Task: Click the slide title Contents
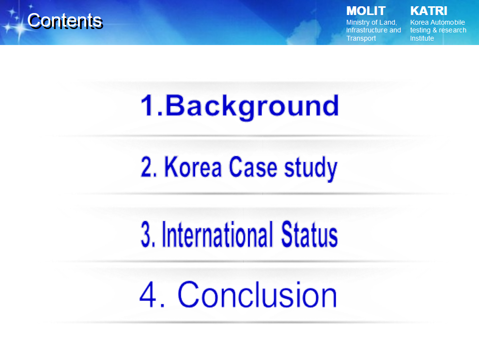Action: coord(65,21)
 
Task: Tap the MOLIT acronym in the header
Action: coord(366,11)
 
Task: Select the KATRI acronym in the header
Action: coord(429,11)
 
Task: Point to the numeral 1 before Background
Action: coord(148,105)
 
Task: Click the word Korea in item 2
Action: coord(193,167)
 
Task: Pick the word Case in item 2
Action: coord(253,167)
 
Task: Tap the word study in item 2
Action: coord(310,169)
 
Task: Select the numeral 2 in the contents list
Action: coord(147,167)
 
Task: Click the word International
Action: coord(217,234)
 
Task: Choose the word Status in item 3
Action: coord(309,234)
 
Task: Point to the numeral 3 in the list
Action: coord(146,234)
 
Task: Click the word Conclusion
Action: coord(257,294)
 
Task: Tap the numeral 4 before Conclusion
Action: coord(149,294)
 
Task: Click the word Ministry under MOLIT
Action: coord(358,23)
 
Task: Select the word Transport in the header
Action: coord(361,38)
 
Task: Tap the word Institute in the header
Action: coord(422,38)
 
